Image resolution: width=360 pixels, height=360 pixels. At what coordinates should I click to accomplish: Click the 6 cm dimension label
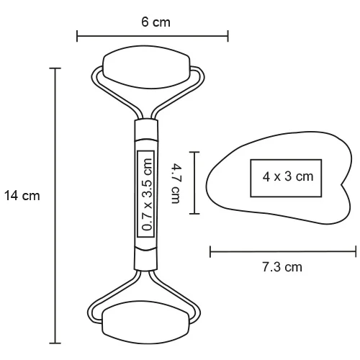(156, 22)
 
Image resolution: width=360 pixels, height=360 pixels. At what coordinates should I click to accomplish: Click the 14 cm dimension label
(22, 195)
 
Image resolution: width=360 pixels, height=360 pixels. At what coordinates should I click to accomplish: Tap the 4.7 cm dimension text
(176, 184)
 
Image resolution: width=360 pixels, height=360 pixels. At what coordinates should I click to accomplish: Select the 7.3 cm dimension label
(282, 267)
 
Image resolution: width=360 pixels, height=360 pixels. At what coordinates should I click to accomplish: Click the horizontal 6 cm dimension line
(153, 35)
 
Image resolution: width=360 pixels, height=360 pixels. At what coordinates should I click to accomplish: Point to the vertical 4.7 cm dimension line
(195, 182)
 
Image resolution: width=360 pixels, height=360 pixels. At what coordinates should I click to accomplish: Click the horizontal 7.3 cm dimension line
(283, 251)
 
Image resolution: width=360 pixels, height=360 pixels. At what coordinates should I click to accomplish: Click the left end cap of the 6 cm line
(77, 35)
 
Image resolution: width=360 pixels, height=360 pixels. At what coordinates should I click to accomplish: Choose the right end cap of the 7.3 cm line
(356, 251)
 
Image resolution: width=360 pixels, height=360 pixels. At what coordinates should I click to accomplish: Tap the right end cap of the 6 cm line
(228, 35)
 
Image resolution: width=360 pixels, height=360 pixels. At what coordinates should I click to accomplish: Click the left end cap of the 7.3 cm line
(210, 251)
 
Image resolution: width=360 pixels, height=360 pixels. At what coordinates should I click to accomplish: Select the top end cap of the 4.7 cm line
(195, 151)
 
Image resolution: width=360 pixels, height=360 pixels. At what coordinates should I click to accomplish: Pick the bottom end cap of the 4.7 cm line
(195, 214)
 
